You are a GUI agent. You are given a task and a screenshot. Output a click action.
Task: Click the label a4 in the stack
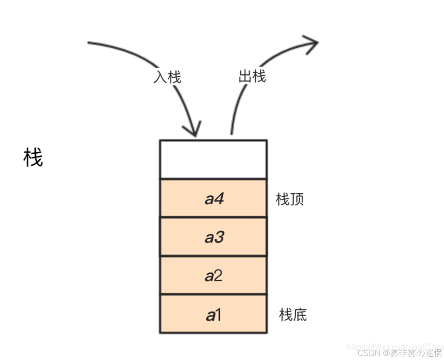(214, 199)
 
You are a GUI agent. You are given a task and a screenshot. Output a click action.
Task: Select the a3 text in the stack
(214, 237)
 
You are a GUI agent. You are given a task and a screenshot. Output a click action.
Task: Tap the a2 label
(214, 276)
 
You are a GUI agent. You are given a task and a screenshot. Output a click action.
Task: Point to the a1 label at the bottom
(214, 315)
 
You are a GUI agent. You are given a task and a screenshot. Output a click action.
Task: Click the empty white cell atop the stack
(213, 159)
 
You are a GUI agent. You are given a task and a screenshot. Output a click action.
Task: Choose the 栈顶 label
(290, 199)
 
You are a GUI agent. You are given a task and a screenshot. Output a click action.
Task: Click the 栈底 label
(293, 315)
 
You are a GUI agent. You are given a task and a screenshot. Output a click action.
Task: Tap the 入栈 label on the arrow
(167, 77)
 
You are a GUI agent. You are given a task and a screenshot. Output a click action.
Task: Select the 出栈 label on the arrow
(252, 77)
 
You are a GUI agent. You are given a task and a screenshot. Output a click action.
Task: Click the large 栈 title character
(33, 158)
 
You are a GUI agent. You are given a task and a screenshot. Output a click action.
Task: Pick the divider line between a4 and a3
(213, 217)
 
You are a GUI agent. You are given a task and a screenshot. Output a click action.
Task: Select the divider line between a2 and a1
(213, 294)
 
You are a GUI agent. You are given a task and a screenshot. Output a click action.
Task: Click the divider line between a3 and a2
(213, 256)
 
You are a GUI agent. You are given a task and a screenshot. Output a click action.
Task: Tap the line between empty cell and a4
(213, 179)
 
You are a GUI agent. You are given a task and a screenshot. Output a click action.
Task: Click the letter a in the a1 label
(210, 315)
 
